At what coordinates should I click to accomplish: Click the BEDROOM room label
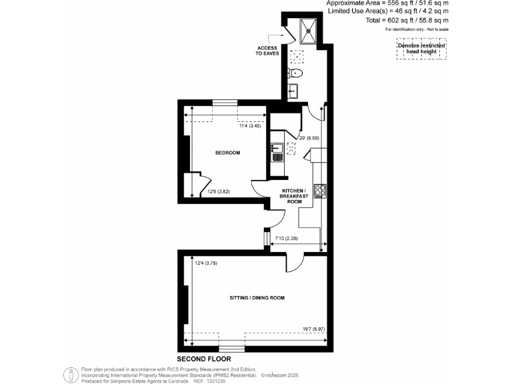coord(227,153)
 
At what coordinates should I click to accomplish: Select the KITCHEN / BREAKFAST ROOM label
coord(294,196)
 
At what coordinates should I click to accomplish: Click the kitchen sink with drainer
coord(277,153)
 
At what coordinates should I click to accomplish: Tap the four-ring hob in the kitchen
coord(320,191)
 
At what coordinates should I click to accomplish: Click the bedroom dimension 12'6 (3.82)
coord(219,193)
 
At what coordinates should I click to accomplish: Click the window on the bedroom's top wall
coord(224,102)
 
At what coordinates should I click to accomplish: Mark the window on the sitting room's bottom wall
coord(231,348)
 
